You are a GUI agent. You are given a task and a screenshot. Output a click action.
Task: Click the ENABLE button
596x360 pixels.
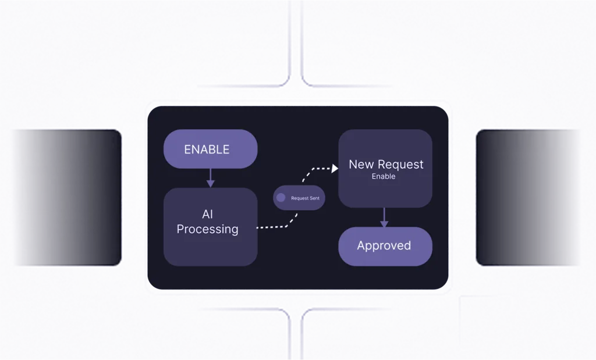click(210, 149)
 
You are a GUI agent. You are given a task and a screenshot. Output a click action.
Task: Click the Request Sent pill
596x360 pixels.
click(299, 198)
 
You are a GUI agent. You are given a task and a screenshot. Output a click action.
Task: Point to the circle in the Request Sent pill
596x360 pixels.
click(281, 198)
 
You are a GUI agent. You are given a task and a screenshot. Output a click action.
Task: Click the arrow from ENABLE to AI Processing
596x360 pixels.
click(210, 178)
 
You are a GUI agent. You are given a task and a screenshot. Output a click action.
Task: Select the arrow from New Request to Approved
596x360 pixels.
click(384, 218)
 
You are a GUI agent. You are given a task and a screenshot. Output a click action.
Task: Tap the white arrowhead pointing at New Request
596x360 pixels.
click(335, 169)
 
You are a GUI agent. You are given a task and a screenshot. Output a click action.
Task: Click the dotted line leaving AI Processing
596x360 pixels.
click(271, 227)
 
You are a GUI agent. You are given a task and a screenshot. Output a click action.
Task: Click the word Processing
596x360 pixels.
click(207, 229)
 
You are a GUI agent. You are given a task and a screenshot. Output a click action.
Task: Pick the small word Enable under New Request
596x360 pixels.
click(384, 176)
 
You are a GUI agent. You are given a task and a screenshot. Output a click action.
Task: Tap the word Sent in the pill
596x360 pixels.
click(314, 198)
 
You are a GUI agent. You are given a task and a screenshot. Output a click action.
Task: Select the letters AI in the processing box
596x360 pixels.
click(208, 215)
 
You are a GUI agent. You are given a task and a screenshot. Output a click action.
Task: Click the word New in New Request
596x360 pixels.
click(361, 165)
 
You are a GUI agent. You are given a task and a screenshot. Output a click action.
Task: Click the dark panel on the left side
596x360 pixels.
click(67, 197)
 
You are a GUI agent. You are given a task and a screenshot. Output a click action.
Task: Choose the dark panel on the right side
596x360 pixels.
click(528, 197)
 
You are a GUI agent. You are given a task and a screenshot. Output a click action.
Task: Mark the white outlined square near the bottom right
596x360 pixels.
click(485, 323)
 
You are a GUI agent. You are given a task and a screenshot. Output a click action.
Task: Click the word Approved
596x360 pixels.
click(384, 246)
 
